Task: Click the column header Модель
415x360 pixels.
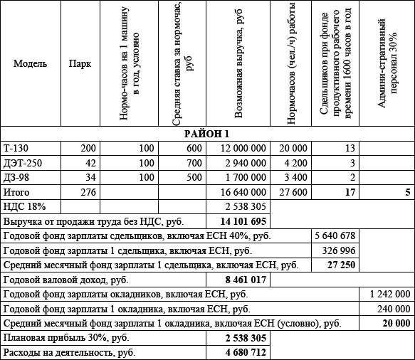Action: [31, 63]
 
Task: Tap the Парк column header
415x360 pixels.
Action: [79, 63]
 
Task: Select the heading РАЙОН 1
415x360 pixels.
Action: [207, 134]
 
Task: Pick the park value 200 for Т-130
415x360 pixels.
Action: [87, 148]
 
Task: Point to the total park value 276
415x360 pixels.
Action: [87, 192]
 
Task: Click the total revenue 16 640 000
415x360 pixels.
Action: [243, 192]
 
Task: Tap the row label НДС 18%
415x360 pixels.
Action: [24, 206]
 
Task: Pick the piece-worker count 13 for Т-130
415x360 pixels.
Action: [349, 148]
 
